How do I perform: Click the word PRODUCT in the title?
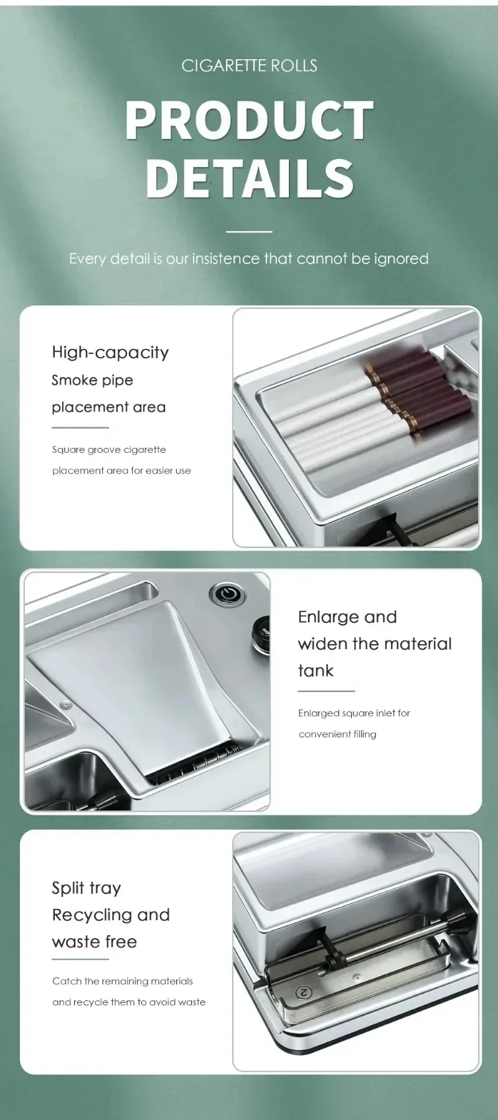[x=249, y=120]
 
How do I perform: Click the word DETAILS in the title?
[x=249, y=178]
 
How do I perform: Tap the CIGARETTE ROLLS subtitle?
[x=249, y=65]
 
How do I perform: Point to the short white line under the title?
[x=249, y=232]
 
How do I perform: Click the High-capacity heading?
[x=110, y=353]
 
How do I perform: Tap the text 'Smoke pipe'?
[x=92, y=380]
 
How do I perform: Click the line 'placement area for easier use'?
[x=121, y=470]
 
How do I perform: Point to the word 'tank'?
[x=316, y=670]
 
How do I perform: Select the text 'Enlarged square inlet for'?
[x=354, y=713]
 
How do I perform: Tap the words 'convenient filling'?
[x=337, y=734]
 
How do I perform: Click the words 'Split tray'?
[x=87, y=888]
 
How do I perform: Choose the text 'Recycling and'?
[x=111, y=915]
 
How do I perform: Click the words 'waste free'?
[x=94, y=941]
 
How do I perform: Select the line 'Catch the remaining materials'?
[x=123, y=981]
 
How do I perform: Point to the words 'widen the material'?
[x=375, y=643]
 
